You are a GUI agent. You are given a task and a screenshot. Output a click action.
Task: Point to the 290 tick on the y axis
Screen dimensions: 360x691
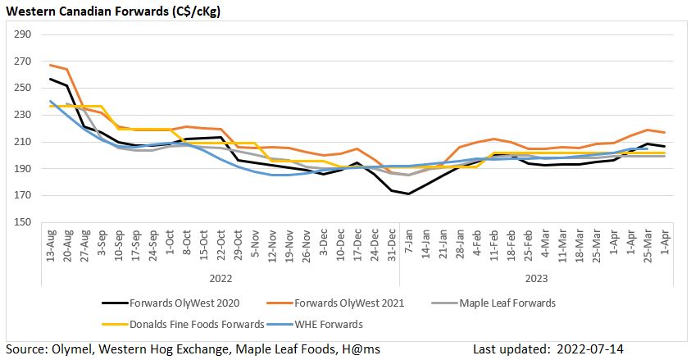(x=23, y=34)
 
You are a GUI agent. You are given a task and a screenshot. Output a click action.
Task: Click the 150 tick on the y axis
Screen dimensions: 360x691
(x=23, y=222)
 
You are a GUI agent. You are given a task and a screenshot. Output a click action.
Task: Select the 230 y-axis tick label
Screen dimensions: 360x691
(x=23, y=115)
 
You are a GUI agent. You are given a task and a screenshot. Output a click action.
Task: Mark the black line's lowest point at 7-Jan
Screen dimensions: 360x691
(x=408, y=194)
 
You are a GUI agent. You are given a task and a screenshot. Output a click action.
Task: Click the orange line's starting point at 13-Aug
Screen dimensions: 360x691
(x=51, y=65)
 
